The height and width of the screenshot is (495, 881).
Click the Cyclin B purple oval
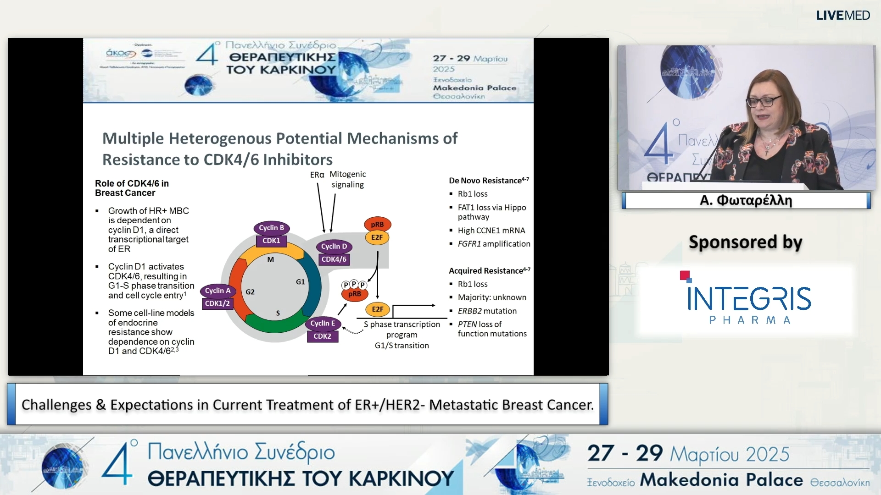click(x=271, y=228)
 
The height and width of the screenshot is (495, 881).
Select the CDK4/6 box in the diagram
click(x=334, y=259)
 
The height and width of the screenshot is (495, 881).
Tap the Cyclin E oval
click(x=323, y=324)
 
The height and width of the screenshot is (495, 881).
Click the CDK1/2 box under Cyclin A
click(x=217, y=303)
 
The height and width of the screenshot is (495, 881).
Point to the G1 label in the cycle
click(x=300, y=282)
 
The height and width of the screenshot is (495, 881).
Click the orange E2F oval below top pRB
click(x=377, y=237)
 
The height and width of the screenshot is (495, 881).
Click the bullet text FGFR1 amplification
click(x=494, y=244)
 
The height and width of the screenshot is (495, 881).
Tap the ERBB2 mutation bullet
click(x=487, y=311)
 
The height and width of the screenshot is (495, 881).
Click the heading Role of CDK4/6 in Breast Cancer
click(x=132, y=188)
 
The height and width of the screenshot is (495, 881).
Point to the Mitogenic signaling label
click(x=348, y=179)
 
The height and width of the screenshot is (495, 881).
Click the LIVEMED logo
click(x=842, y=16)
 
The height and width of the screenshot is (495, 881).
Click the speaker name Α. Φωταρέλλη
click(x=746, y=201)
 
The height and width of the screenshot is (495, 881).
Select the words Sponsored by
click(x=745, y=242)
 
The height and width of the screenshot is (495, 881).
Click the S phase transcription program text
click(x=401, y=330)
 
